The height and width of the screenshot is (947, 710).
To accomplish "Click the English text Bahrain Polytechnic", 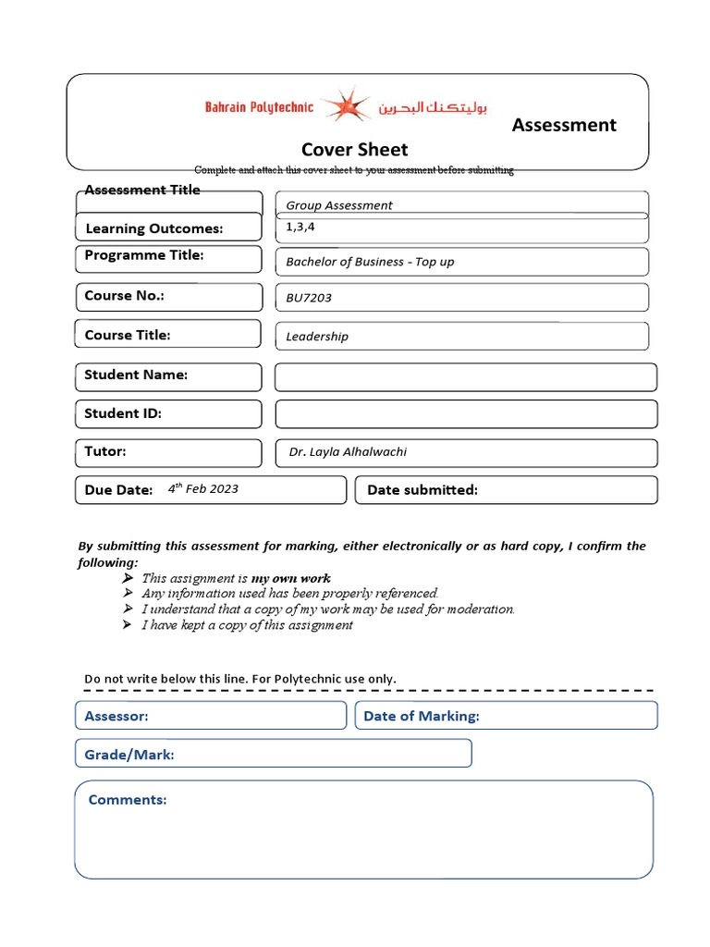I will point(259,107).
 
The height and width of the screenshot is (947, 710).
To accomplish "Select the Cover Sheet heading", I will point(354,150).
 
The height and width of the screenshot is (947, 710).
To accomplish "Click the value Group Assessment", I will point(339,205).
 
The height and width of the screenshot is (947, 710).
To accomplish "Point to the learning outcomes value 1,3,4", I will point(294,227).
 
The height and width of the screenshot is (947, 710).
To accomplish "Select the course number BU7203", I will point(309,298).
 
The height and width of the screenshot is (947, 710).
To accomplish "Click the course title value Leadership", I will point(317,337).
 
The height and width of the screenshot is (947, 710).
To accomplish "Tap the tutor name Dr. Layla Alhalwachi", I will point(348,452).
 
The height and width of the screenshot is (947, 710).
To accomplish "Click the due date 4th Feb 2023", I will point(203,488).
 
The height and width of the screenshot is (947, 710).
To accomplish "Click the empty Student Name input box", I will point(466,376).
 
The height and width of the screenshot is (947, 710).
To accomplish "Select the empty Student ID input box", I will point(466,413).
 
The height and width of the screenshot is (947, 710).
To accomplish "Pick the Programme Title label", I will point(143,255).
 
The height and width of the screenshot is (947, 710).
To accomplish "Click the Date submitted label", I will point(422,490).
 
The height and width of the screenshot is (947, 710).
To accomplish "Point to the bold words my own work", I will point(290,578).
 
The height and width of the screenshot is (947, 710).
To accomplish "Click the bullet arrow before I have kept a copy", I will point(128,625).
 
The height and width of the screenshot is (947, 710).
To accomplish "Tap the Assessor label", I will point(116,716).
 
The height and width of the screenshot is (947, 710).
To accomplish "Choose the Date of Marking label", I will point(422,716).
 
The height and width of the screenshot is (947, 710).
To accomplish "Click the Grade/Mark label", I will point(129,755).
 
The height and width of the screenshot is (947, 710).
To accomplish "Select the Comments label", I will point(128,800).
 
